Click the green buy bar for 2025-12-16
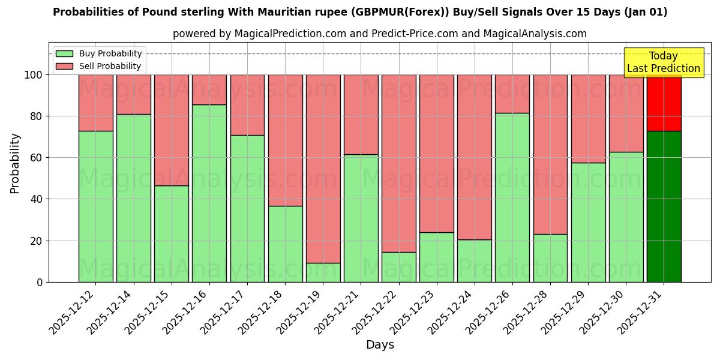pyautogui.click(x=209, y=193)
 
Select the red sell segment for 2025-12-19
pyautogui.click(x=323, y=169)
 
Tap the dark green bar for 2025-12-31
pyautogui.click(x=664, y=206)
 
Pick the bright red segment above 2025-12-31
pyautogui.click(x=664, y=103)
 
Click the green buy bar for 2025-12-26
pyautogui.click(x=512, y=197)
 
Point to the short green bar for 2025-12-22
pyautogui.click(x=398, y=267)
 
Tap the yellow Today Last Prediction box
pyautogui.click(x=664, y=62)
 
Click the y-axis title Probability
pyautogui.click(x=15, y=163)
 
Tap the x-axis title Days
pyautogui.click(x=380, y=345)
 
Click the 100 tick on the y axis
pyautogui.click(x=34, y=75)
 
